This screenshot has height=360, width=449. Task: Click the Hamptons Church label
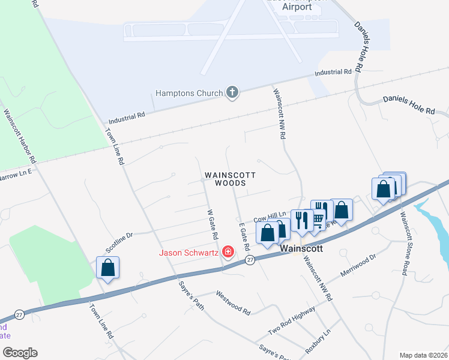[x=188, y=94]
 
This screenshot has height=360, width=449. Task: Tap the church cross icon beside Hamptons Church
[x=232, y=93]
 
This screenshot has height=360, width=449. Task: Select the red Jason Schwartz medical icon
[x=228, y=252]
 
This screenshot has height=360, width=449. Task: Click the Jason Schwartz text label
[x=188, y=252]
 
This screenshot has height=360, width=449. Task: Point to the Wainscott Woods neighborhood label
[x=231, y=179]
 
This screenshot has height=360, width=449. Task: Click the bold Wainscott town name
[x=301, y=248]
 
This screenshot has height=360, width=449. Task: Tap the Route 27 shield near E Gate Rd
[x=250, y=260]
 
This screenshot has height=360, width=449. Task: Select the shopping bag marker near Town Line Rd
[x=107, y=268]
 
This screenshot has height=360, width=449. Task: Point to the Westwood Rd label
[x=233, y=303]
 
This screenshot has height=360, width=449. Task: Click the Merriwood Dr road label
[x=358, y=265]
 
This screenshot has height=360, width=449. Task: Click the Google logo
[x=19, y=352]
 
